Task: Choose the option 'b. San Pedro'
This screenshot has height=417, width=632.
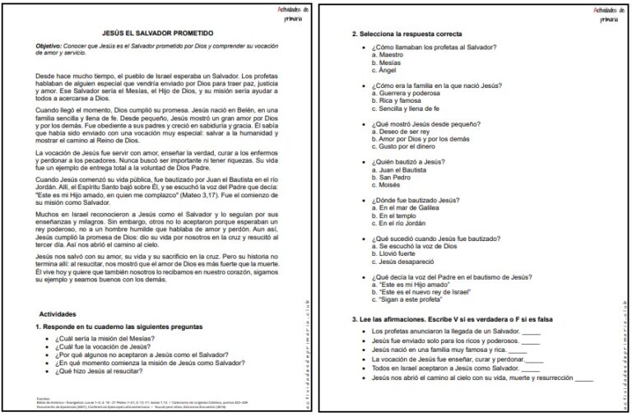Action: click(396, 178)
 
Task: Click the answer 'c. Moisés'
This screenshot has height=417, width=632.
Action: click(391, 185)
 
